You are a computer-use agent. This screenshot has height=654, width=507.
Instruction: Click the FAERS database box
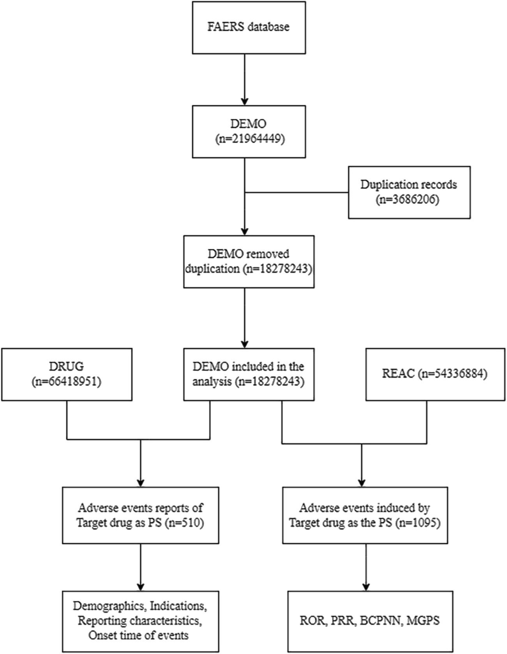249,27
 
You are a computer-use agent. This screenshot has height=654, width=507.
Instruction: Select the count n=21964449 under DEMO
250,139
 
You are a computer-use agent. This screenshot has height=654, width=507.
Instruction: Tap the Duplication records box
409,192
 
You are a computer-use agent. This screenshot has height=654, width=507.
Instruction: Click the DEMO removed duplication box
249,262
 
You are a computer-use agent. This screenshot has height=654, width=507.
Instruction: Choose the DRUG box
67,374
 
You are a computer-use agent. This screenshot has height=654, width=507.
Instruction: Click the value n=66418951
67,382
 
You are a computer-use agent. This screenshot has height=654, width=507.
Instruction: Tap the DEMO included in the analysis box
249,374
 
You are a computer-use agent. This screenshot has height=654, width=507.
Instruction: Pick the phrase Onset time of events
138,635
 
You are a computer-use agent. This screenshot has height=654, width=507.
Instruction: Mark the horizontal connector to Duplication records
296,192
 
